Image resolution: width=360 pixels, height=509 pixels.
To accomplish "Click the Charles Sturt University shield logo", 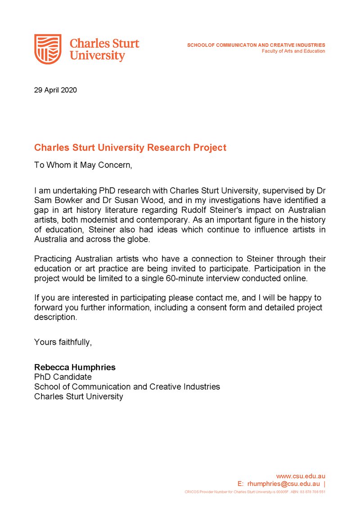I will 48,49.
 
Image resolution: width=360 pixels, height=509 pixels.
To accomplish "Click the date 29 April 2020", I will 55,90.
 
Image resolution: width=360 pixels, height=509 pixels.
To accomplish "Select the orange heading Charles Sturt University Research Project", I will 130,148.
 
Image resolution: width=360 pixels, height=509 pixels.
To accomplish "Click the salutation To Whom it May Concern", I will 83,165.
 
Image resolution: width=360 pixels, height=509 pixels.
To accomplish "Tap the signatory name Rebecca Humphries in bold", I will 75,367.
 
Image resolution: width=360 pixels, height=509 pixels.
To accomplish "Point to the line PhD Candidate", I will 63,377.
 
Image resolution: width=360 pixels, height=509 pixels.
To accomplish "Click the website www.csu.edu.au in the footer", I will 301,476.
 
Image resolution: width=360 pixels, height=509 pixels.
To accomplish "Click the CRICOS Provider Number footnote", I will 254,492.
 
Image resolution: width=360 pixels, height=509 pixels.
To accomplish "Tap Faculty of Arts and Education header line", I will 293,51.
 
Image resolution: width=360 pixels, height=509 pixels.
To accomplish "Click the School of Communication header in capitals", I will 256,45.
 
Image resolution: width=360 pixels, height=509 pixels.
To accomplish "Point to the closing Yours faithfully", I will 63,342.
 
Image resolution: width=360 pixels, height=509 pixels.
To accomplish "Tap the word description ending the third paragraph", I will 55,317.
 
